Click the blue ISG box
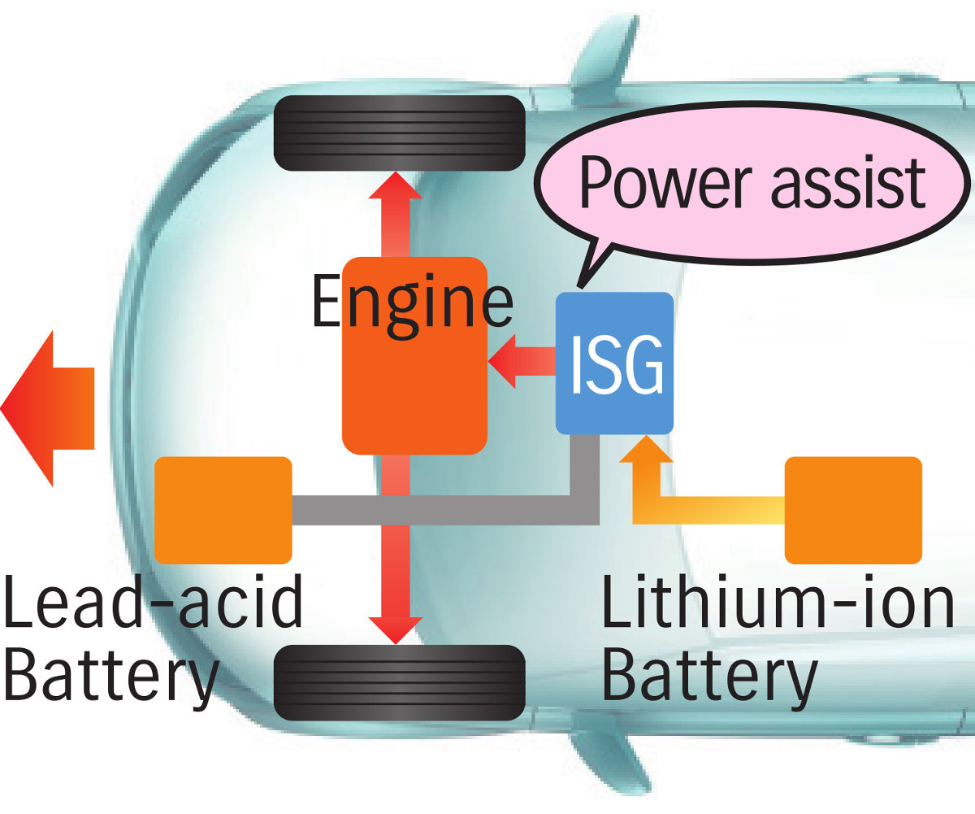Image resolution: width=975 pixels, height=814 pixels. click(614, 363)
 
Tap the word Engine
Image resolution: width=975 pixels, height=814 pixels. click(412, 303)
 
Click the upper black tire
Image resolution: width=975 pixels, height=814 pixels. click(399, 133)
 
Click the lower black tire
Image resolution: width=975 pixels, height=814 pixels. click(399, 681)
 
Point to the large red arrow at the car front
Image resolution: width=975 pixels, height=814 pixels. click(47, 408)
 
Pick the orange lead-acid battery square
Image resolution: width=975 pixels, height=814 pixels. click(223, 510)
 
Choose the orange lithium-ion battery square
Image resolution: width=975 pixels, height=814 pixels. click(853, 510)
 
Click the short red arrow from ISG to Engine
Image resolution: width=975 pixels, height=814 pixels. click(521, 362)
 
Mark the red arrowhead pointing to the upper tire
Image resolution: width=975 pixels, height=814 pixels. click(395, 187)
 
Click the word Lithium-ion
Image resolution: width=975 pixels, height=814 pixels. click(777, 606)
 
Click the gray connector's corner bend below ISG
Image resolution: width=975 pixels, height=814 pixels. click(585, 508)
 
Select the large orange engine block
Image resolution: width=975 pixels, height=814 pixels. click(414, 382)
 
